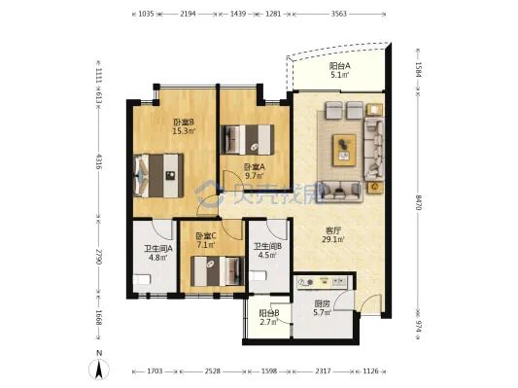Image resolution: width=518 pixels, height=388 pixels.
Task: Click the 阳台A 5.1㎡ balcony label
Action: (340, 70)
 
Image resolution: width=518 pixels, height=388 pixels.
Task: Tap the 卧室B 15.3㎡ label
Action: (184, 126)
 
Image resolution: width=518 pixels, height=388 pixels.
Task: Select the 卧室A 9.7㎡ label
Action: (254, 171)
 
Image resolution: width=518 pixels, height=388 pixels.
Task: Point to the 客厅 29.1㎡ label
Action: (333, 234)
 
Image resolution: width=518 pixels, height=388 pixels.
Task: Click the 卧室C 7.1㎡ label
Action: (206, 240)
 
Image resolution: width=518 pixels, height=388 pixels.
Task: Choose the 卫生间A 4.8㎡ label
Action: (157, 253)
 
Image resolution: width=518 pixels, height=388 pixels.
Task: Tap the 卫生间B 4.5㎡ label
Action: (267, 251)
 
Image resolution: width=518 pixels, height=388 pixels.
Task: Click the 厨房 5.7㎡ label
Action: (322, 307)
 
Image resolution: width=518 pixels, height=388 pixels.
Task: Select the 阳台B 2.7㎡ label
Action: (269, 317)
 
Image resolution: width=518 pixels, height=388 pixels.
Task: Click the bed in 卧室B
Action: (158, 175)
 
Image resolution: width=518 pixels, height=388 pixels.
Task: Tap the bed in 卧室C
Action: (218, 271)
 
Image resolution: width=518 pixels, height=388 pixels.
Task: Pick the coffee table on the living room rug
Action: (345, 150)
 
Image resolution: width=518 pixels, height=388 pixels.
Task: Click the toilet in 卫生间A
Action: (142, 280)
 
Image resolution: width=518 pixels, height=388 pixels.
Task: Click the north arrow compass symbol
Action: (99, 366)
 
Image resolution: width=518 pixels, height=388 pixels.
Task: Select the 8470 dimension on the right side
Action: (418, 202)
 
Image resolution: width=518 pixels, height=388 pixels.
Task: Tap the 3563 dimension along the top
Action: (339, 14)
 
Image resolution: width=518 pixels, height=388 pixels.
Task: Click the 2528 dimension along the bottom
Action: (212, 371)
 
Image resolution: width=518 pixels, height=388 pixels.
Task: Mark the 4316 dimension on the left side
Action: (98, 161)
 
